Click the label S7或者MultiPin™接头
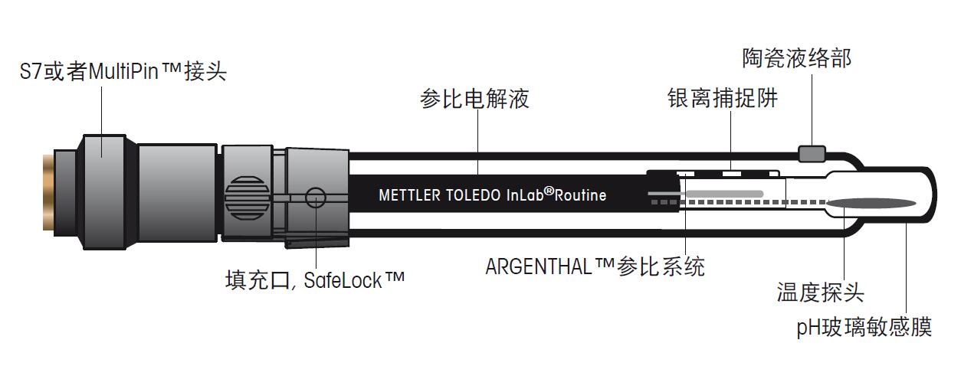(x=123, y=73)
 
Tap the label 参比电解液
(x=474, y=99)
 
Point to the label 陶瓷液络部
(x=796, y=58)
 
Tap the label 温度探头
(x=820, y=292)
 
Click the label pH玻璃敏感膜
(x=864, y=328)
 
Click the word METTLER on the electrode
(x=410, y=195)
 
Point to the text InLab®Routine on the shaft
(x=556, y=194)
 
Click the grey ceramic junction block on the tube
(x=812, y=154)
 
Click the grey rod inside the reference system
(x=724, y=191)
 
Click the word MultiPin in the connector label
(x=124, y=73)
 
